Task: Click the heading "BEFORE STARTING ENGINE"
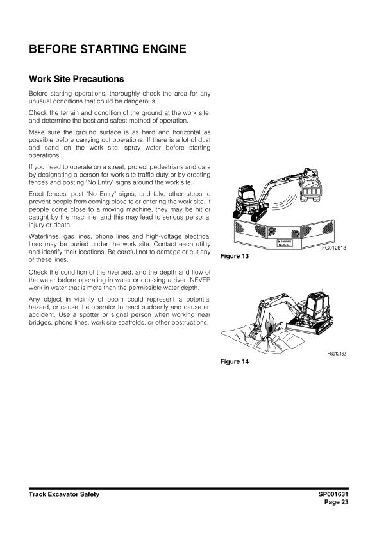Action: coord(108,49)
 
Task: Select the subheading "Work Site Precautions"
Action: coord(76,79)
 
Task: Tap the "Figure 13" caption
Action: coord(235,256)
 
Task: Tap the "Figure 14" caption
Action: coord(235,362)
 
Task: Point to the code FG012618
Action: coord(334,248)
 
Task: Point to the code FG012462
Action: coord(337,354)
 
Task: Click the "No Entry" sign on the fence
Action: coord(285,243)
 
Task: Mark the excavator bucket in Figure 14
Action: coord(254,334)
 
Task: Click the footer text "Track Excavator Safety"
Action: coord(64,494)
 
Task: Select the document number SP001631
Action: coord(333,494)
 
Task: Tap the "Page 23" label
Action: coord(337,502)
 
